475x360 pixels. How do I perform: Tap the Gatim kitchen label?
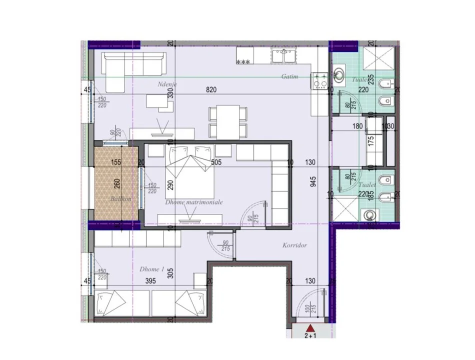click(289, 76)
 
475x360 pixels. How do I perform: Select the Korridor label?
click(294, 245)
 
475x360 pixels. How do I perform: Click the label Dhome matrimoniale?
click(193, 202)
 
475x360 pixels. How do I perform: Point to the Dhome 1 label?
click(152, 269)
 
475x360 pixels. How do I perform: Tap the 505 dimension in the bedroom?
click(216, 162)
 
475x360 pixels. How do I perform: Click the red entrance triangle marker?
click(310, 328)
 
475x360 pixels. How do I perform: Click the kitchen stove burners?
click(319, 80)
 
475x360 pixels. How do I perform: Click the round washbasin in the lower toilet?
click(369, 214)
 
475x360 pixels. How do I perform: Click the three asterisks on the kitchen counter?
click(243, 62)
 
